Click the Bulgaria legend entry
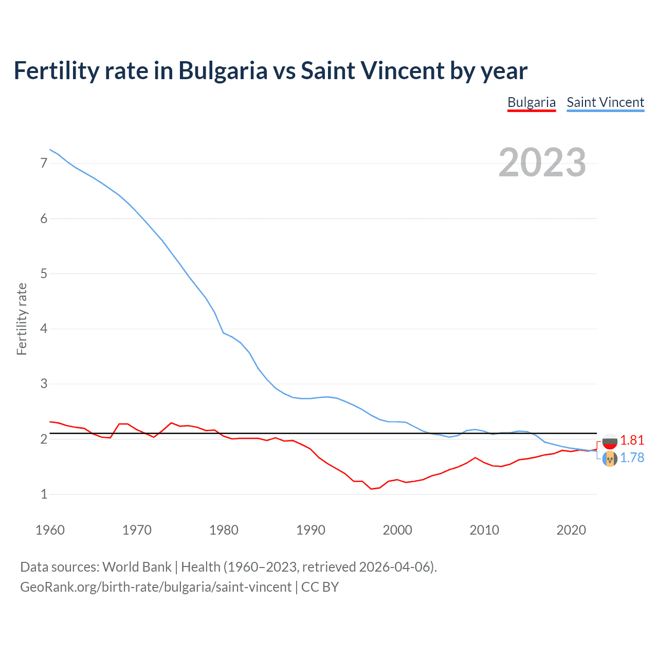[531, 102]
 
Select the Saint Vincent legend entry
[605, 102]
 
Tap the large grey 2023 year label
[542, 162]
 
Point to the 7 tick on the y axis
[44, 163]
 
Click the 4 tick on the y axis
[44, 328]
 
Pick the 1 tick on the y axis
[44, 494]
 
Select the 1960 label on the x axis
[50, 530]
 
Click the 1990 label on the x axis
[310, 530]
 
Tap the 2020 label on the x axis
[571, 530]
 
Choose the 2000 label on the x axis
[397, 530]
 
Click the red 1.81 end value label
[632, 441]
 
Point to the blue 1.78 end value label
[632, 458]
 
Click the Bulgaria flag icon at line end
[610, 441]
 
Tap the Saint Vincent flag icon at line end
[610, 459]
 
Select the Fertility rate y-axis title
[22, 319]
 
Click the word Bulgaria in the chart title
[223, 70]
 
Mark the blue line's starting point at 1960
[50, 150]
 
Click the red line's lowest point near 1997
[371, 489]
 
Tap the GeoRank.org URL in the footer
[155, 587]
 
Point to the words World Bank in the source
[137, 567]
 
